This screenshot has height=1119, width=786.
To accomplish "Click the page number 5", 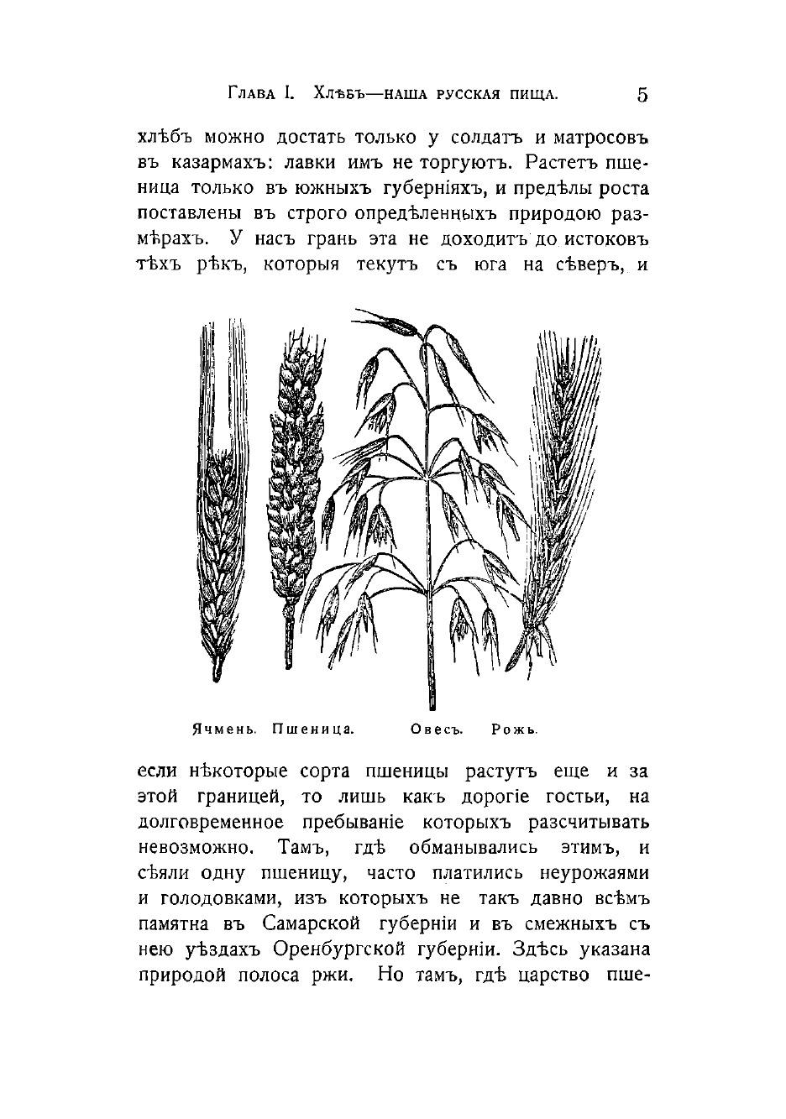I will tap(642, 95).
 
